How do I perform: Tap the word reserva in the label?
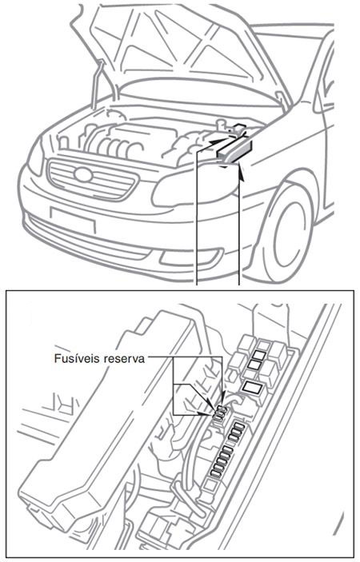point(123,360)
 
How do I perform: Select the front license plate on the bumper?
point(71,217)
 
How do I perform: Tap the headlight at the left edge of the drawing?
point(34,161)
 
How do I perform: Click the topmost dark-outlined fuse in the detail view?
point(259,349)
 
